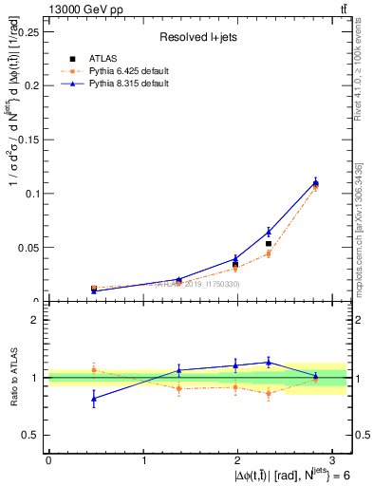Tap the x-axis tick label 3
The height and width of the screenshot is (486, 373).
point(335,459)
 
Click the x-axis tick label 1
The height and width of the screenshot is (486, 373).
point(144,459)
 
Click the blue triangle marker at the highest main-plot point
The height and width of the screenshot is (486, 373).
point(316,182)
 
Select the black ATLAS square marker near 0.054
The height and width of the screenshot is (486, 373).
point(269,244)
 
